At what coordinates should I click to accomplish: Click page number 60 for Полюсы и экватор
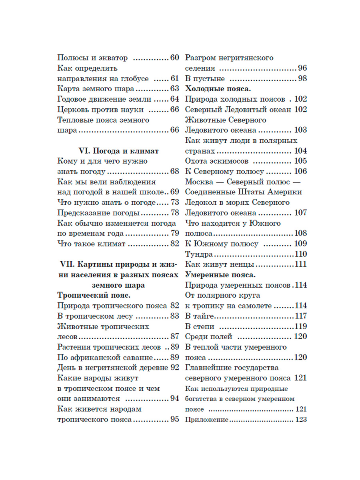[174, 58]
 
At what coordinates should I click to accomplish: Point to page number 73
[174, 202]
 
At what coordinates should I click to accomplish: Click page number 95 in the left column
[174, 420]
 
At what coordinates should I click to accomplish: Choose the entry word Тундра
[199, 254]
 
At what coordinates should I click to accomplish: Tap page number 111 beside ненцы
[300, 264]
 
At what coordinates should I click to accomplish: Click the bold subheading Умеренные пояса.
[220, 275]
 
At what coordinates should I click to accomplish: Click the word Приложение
[206, 420]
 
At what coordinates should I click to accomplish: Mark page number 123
[300, 420]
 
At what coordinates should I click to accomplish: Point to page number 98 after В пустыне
[302, 78]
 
